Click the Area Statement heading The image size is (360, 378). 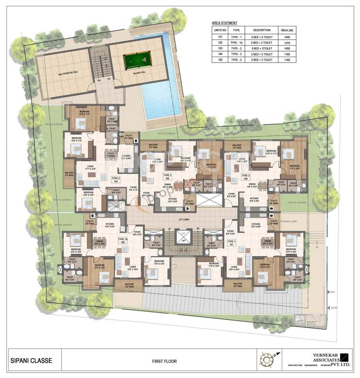pyautogui.click(x=224, y=23)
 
